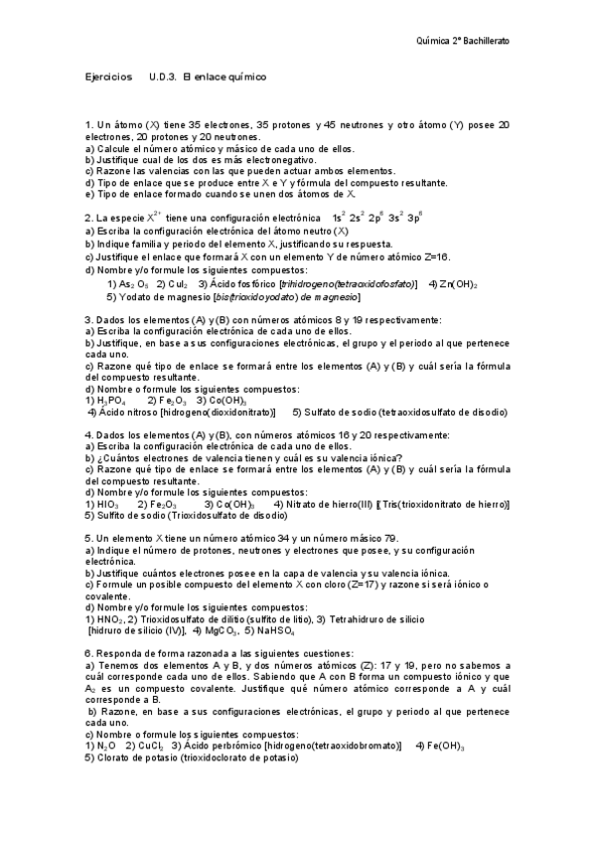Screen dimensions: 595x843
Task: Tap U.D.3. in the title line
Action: (164, 77)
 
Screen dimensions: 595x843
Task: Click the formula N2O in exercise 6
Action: (105, 746)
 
